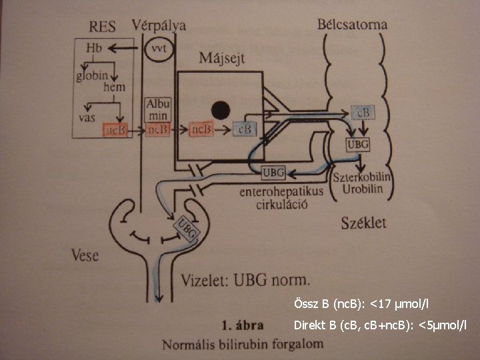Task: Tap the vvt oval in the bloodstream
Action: [x=158, y=50]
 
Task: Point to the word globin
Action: [x=93, y=75]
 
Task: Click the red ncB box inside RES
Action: [x=114, y=131]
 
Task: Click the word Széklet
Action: [x=363, y=222]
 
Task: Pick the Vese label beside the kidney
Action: [x=85, y=255]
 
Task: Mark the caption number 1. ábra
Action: [x=243, y=325]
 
